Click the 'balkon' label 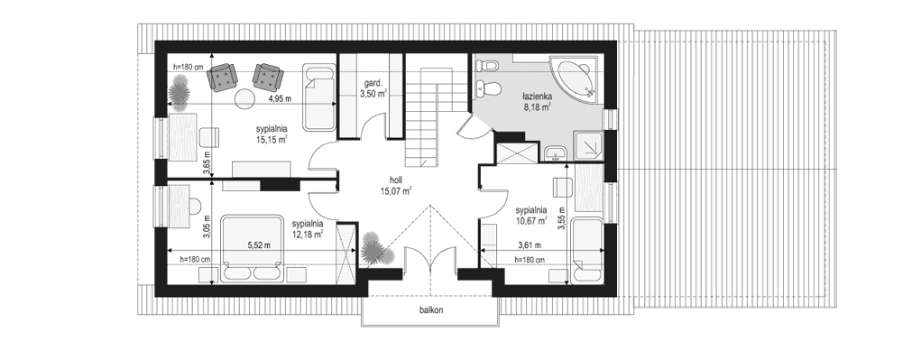click(x=430, y=309)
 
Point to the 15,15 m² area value click(x=271, y=140)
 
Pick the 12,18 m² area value click(x=307, y=235)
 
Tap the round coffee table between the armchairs click(x=244, y=97)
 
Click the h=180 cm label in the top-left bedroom click(x=190, y=67)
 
